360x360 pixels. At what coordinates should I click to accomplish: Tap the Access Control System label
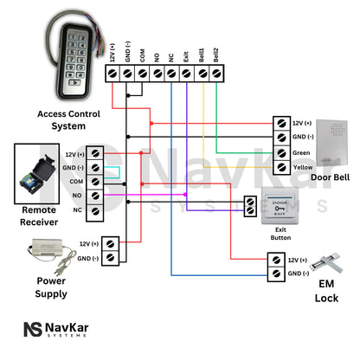coord(68,119)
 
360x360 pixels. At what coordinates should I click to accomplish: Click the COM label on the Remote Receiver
coord(76,181)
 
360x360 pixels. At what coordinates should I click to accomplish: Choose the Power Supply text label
coord(50,287)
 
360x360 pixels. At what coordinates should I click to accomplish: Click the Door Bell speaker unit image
coord(332,143)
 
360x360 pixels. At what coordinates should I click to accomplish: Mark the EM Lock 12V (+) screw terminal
coord(274,259)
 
